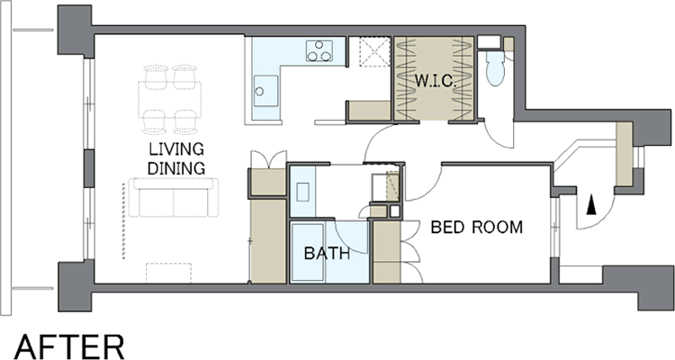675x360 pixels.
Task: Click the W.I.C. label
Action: (x=436, y=81)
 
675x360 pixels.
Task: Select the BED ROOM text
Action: (x=476, y=227)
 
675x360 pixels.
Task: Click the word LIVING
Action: (x=176, y=149)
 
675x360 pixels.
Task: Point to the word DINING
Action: (x=176, y=168)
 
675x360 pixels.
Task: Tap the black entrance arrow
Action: (x=592, y=204)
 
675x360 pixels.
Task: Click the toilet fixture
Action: (x=494, y=69)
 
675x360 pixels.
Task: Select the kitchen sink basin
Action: (x=265, y=90)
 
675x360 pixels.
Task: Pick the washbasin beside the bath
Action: (x=302, y=192)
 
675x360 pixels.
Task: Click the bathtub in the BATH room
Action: (x=308, y=252)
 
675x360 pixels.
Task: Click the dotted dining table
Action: (x=170, y=100)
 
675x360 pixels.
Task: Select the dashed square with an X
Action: (x=374, y=51)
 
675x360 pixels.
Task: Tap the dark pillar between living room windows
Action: (x=89, y=168)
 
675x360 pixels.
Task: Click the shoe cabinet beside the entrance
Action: (x=624, y=154)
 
